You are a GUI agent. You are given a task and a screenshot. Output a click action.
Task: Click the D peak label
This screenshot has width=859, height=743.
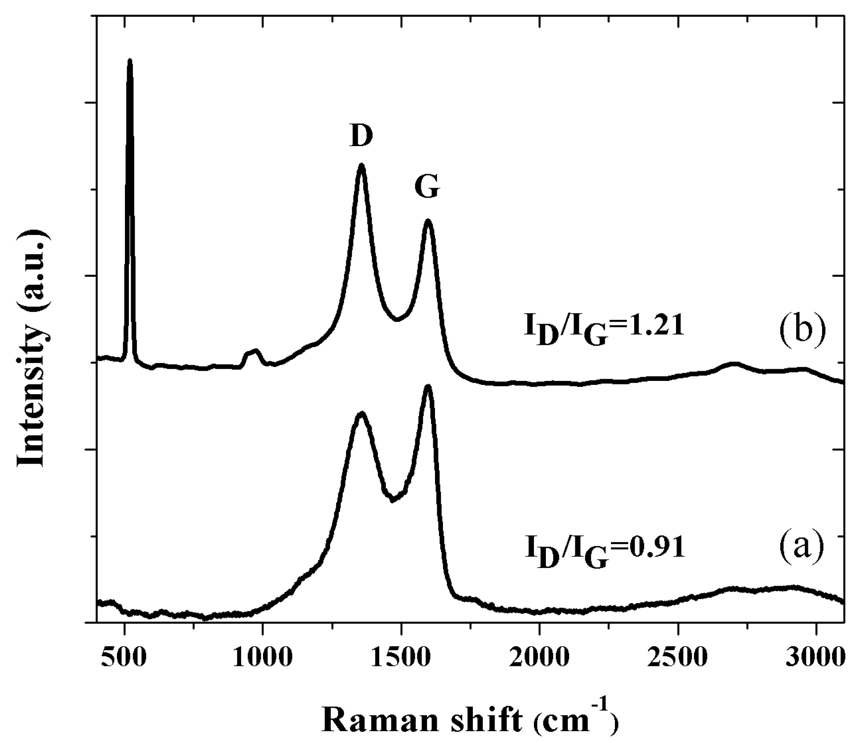361,135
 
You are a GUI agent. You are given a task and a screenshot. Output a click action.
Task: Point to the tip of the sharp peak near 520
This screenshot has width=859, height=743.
130,60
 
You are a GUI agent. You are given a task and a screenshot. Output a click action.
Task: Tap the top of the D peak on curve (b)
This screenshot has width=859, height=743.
362,165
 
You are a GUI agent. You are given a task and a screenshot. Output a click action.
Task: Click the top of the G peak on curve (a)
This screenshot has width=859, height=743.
428,386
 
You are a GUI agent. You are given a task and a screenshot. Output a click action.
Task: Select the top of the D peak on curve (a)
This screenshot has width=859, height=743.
362,414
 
